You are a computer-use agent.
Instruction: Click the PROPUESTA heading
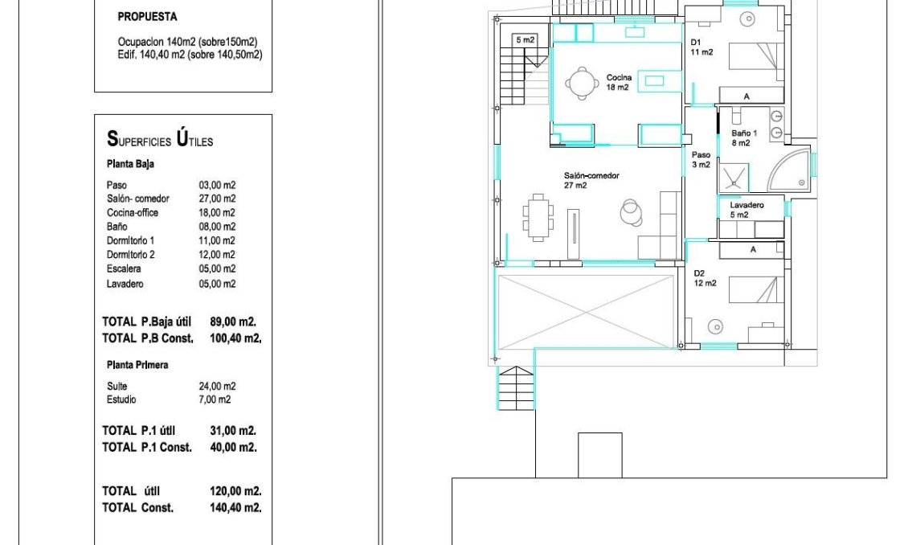147,17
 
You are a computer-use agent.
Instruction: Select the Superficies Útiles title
160,139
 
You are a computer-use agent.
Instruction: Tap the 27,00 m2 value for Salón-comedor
217,199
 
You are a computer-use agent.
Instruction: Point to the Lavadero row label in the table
125,284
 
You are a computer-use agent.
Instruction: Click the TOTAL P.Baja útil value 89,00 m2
233,322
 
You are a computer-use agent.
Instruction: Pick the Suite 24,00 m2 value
217,387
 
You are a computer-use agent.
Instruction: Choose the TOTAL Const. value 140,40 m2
235,508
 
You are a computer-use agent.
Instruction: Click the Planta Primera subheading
137,365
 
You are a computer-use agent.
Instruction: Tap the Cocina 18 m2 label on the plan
619,82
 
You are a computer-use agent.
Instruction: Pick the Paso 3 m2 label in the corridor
701,159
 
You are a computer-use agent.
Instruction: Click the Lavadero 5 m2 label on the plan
746,210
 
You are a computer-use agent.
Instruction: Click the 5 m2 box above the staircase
526,40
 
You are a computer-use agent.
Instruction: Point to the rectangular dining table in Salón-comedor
538,217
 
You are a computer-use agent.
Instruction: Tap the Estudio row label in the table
121,400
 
